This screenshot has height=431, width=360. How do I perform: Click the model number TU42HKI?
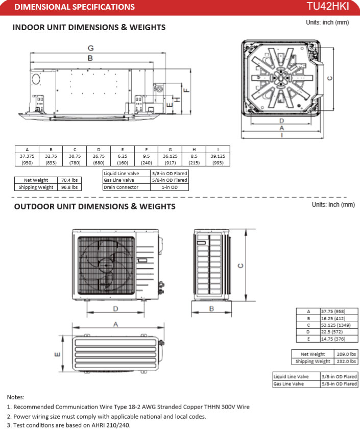[x=328, y=7]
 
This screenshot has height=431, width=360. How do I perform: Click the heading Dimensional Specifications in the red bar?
[x=75, y=7]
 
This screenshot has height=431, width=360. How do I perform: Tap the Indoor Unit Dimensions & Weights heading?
[x=89, y=27]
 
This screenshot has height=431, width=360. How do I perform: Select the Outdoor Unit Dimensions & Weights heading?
[x=94, y=206]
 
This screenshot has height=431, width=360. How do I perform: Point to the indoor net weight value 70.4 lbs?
[x=69, y=180]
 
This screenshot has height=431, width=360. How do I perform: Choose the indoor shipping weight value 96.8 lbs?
[x=69, y=187]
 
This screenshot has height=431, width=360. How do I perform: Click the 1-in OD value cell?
[x=169, y=187]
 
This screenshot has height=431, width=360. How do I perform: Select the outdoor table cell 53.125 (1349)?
[x=340, y=325]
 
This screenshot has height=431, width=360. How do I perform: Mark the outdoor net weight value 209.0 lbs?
[x=346, y=354]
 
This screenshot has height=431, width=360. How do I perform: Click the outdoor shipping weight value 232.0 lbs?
[x=346, y=361]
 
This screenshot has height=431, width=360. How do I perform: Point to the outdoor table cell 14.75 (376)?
[x=340, y=338]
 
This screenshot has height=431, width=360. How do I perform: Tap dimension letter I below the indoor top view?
[x=281, y=136]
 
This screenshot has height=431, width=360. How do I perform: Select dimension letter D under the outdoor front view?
[x=115, y=308]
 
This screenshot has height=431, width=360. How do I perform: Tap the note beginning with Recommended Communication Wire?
[x=129, y=406]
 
